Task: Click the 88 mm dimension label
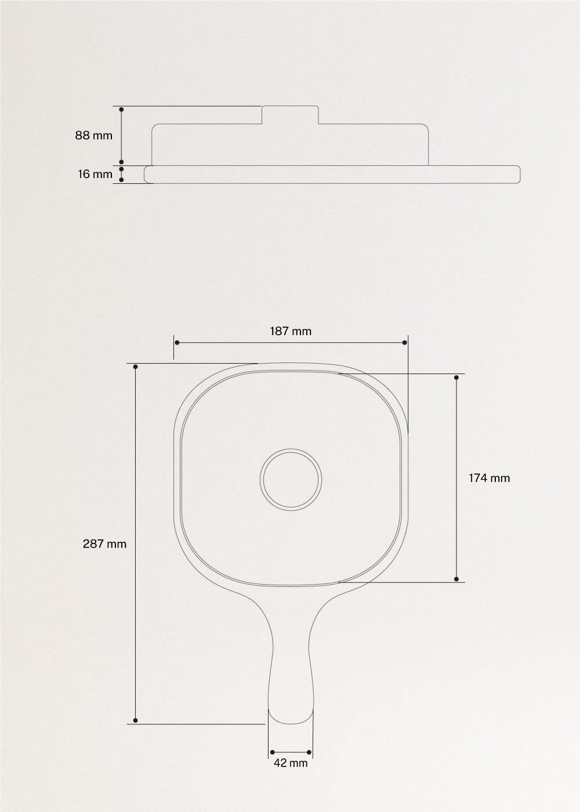pyautogui.click(x=93, y=136)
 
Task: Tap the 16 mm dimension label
pyautogui.click(x=95, y=174)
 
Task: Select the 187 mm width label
pyautogui.click(x=291, y=332)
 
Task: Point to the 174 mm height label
pyautogui.click(x=489, y=478)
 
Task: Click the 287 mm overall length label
pyautogui.click(x=105, y=544)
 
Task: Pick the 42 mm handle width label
pyautogui.click(x=291, y=763)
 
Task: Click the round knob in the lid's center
pyautogui.click(x=291, y=480)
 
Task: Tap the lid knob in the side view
pyautogui.click(x=291, y=115)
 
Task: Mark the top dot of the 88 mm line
pyautogui.click(x=121, y=109)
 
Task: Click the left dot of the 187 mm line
pyautogui.click(x=176, y=343)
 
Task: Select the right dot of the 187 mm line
pyautogui.click(x=405, y=343)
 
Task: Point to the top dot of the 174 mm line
pyautogui.click(x=456, y=378)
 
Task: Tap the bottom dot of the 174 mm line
pyautogui.click(x=456, y=579)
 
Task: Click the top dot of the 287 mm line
pyautogui.click(x=135, y=367)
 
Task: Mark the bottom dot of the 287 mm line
pyautogui.click(x=135, y=720)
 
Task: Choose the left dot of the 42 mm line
pyautogui.click(x=273, y=752)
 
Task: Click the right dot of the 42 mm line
pyautogui.click(x=309, y=752)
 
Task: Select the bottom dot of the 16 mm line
pyautogui.click(x=121, y=180)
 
